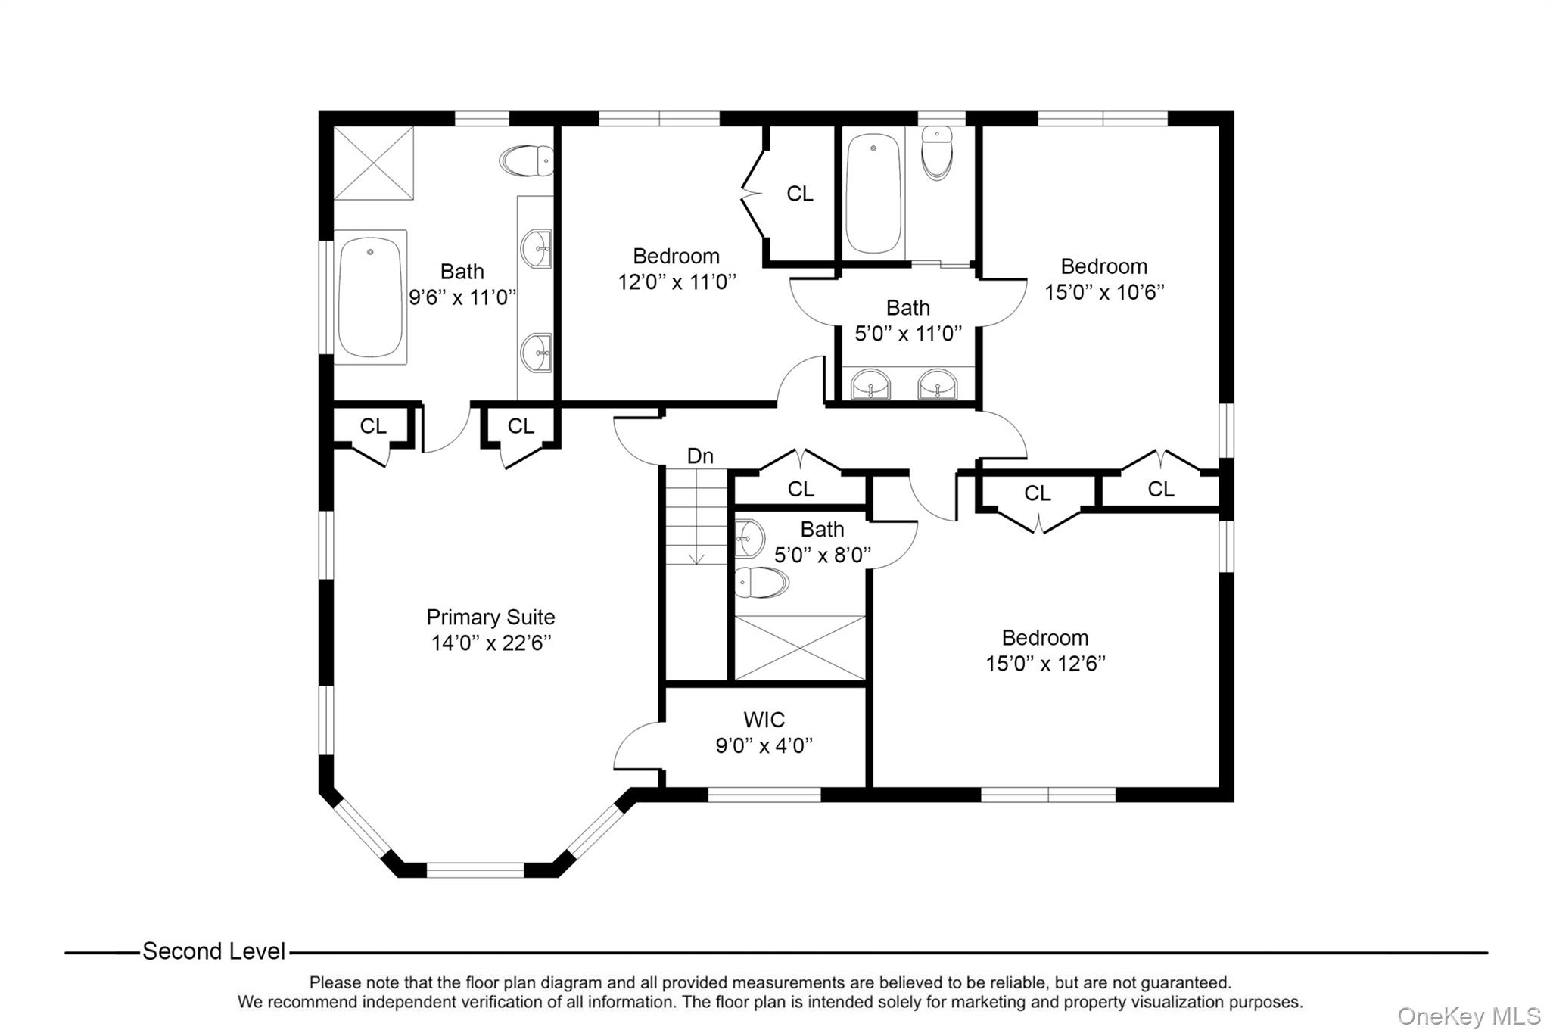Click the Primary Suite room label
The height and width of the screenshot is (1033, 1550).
click(x=490, y=617)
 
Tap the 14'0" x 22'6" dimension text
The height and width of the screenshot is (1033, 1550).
click(x=490, y=643)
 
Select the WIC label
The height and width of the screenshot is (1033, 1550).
click(x=764, y=719)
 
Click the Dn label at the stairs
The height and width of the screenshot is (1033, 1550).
click(x=700, y=456)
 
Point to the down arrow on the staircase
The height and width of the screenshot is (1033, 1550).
click(x=696, y=556)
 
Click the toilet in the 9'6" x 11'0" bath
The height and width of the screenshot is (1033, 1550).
click(x=526, y=161)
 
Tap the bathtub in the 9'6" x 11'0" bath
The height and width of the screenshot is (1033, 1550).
click(x=370, y=297)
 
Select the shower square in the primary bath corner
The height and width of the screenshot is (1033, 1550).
click(x=374, y=163)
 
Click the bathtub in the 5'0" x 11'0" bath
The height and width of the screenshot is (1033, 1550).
click(x=873, y=194)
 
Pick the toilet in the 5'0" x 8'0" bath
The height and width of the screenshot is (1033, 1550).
click(x=761, y=583)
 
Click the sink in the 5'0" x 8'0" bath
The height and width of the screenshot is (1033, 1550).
click(x=749, y=538)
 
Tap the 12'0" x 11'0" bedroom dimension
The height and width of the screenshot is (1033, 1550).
click(x=677, y=282)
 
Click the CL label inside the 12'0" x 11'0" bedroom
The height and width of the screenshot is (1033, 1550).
click(x=800, y=194)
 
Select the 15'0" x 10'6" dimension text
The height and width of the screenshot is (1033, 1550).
click(x=1104, y=292)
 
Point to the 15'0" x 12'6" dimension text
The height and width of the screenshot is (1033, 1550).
click(x=1045, y=664)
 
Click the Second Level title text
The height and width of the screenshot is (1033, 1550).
click(x=214, y=951)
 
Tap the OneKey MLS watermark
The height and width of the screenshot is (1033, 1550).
click(x=1468, y=1016)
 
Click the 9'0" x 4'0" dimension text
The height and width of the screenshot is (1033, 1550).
click(x=764, y=746)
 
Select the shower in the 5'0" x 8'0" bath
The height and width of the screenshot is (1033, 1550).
click(x=800, y=648)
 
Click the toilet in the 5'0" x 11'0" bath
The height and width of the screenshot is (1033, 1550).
click(x=937, y=154)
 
